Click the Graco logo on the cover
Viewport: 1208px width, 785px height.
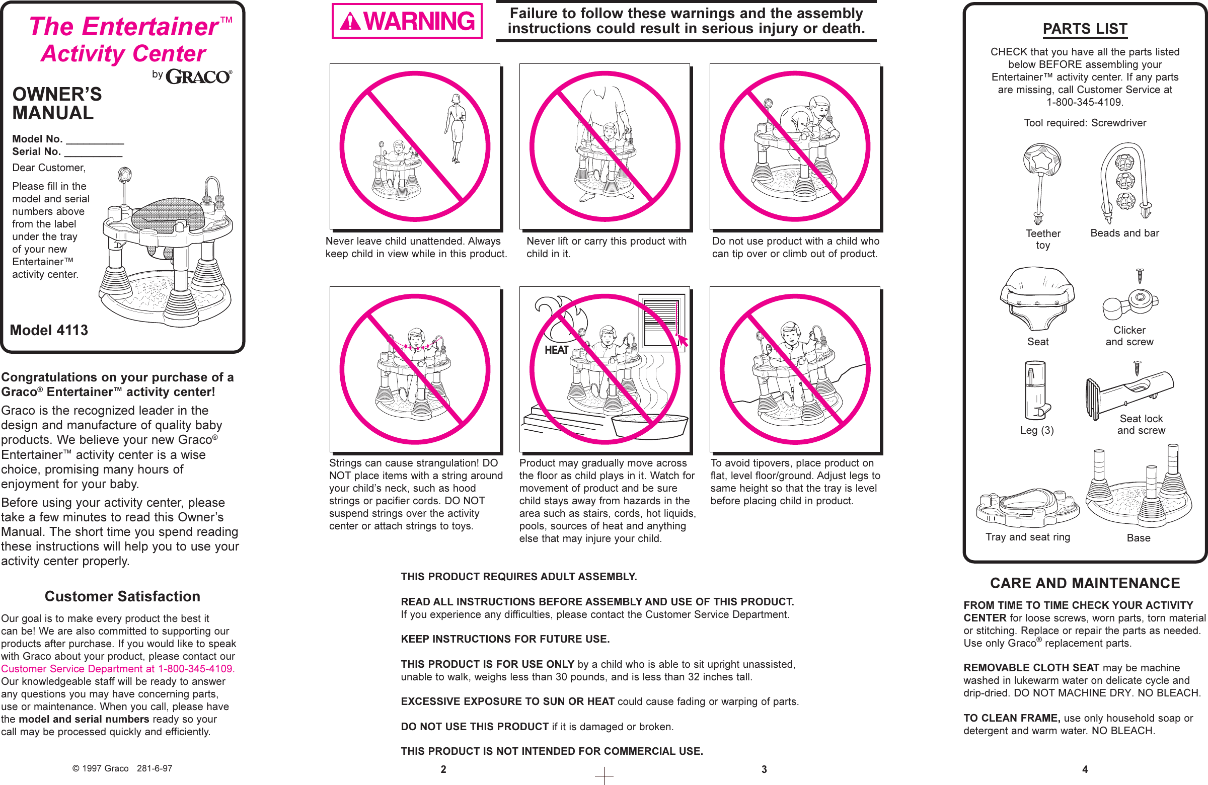pos(198,76)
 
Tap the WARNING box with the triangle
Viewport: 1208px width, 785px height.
pos(407,21)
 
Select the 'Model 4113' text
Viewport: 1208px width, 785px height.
pos(49,330)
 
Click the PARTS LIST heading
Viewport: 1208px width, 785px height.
pos(1085,29)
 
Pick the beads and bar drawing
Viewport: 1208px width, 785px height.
pos(1125,183)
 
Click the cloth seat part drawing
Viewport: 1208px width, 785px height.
pos(1037,299)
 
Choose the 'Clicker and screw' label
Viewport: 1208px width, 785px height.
pos(1129,336)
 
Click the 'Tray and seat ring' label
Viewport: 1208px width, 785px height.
pos(1027,537)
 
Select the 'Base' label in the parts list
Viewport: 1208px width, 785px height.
pos(1138,538)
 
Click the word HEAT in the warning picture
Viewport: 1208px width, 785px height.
pos(556,350)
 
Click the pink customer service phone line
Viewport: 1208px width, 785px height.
pos(118,669)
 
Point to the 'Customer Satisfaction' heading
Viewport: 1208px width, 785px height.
pos(122,596)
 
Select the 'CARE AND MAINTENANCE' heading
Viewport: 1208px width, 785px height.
pos(1085,583)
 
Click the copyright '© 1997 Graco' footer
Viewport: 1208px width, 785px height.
pos(101,768)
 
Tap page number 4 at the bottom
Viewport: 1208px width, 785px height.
pos(1085,769)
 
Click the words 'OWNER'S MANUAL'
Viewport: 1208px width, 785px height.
pos(57,104)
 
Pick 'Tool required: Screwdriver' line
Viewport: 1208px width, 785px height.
pos(1085,123)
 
